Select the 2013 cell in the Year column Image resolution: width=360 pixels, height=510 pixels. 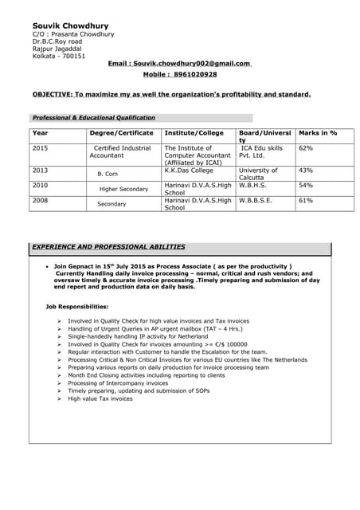pos(41,170)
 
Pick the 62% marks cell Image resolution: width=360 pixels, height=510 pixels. pos(306,148)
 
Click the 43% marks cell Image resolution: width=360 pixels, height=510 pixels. pos(306,170)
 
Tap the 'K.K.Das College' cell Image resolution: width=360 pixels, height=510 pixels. pos(189,170)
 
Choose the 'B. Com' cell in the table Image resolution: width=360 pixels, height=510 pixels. pos(108,173)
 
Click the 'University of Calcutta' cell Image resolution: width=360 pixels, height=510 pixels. pos(258,173)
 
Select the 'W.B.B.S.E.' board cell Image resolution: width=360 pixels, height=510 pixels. pos(256,200)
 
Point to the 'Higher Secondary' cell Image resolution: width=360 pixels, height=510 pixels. pos(123,189)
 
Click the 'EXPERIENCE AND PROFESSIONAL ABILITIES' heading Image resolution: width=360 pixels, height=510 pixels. pos(108,247)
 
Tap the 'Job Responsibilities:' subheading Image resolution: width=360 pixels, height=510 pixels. pos(76,307)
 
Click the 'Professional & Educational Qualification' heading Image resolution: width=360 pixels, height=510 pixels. pos(93,117)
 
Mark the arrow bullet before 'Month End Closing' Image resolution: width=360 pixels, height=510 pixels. pos(60,374)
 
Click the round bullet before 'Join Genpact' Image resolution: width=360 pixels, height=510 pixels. pos(48,266)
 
